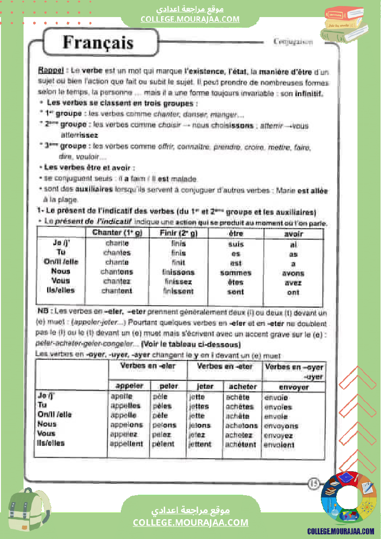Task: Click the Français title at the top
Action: tap(98, 43)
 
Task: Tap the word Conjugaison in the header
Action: tap(293, 41)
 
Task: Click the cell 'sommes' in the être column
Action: tap(236, 273)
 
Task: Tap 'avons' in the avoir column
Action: tap(293, 273)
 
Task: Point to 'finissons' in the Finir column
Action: tap(179, 272)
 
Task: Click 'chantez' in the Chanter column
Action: tap(117, 281)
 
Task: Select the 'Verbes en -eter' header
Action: tap(225, 366)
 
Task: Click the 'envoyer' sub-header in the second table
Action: tap(294, 387)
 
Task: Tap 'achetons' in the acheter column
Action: tap(241, 426)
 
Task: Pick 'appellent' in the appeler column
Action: tap(126, 444)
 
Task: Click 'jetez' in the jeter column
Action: tap(197, 435)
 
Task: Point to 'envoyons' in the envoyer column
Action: tap(281, 426)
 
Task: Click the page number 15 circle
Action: tap(314, 483)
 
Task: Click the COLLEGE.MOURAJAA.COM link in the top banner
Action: tap(190, 19)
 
